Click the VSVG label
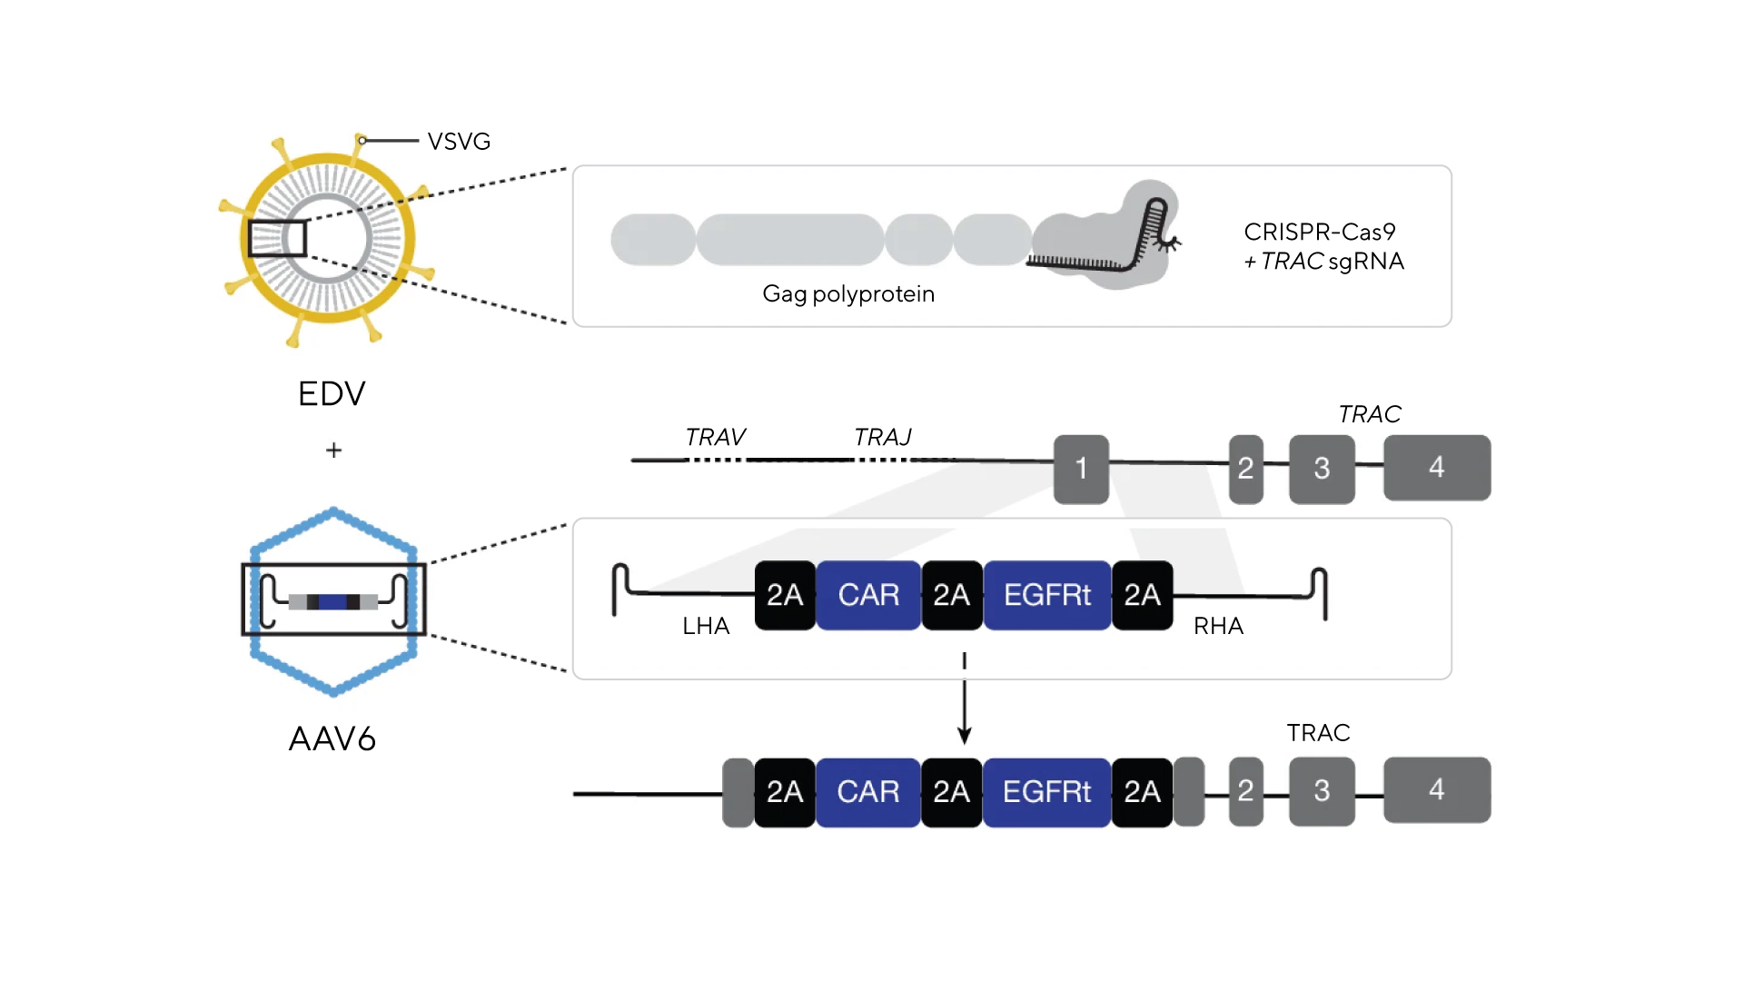point(459,142)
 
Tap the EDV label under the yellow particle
point(332,394)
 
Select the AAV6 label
point(332,739)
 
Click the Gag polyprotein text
point(847,294)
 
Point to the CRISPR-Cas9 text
point(1319,233)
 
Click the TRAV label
point(715,437)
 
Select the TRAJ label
point(882,437)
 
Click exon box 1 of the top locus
point(1081,469)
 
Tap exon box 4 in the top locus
point(1436,468)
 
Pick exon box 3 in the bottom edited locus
point(1322,791)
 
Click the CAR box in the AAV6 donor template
point(868,595)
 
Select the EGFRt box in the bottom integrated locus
point(1046,792)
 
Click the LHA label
point(706,626)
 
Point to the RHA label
point(1218,626)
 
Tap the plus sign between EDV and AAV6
point(333,450)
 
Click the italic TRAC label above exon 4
point(1369,414)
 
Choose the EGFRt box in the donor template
point(1046,595)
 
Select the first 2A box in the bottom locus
point(785,792)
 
